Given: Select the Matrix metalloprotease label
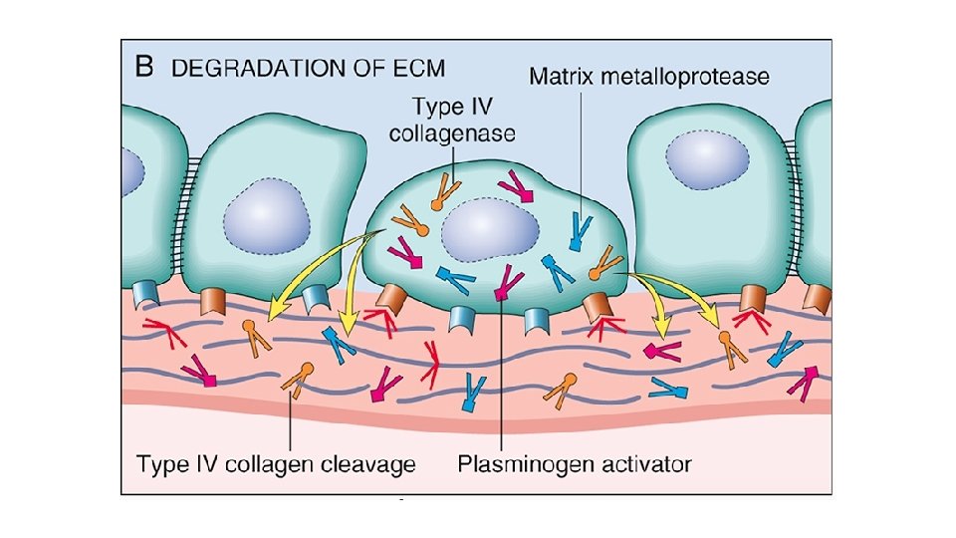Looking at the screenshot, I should pos(648,77).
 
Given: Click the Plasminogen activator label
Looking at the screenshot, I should pos(575,462).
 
